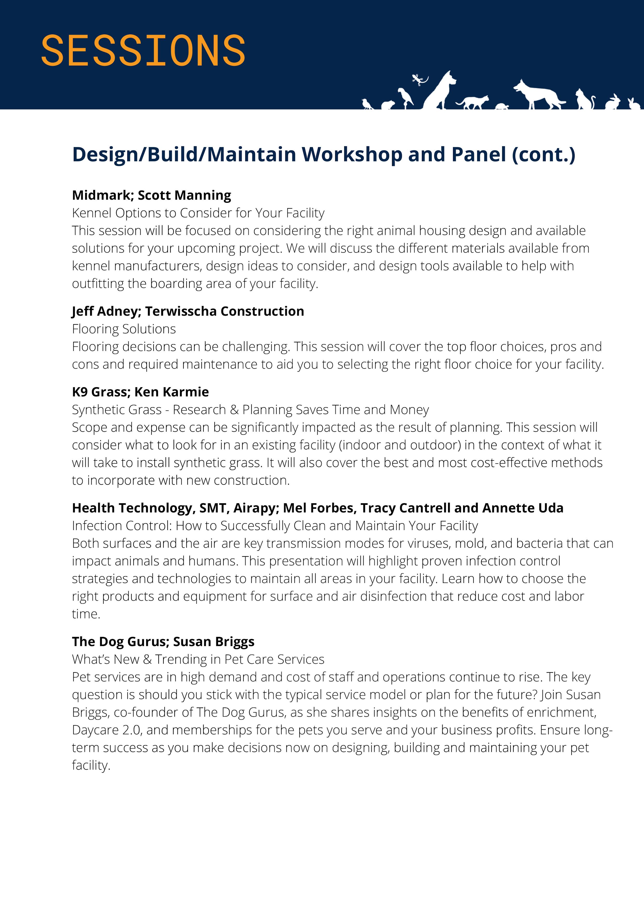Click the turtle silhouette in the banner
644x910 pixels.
tap(502, 106)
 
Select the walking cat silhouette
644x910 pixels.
tap(473, 102)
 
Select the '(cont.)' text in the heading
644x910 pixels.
tap(543, 154)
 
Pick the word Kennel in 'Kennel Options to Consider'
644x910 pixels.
tap(92, 213)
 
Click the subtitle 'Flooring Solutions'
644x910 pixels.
tap(124, 329)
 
